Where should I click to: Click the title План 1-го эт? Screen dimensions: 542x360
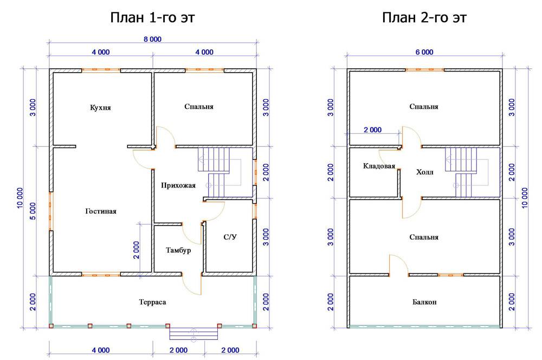tap(152, 17)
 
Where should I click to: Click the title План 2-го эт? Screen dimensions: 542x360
tap(424, 17)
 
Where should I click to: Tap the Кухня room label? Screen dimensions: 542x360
tap(100, 107)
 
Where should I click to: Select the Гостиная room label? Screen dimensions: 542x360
tap(101, 211)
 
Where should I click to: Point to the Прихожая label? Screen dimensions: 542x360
tap(178, 185)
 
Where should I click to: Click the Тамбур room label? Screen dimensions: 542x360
tap(178, 250)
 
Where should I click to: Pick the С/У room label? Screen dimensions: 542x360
tap(230, 237)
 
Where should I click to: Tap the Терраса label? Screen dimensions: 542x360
tap(152, 302)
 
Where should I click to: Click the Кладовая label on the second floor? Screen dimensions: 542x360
tap(379, 166)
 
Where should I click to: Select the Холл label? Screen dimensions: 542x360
tap(424, 172)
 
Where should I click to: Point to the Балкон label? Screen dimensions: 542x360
tap(424, 302)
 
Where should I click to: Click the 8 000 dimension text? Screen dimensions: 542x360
tap(152, 40)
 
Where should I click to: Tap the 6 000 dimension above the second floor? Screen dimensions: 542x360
tap(424, 52)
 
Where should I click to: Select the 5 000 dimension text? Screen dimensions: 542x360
tap(33, 211)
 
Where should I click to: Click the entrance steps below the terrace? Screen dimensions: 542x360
tap(193, 334)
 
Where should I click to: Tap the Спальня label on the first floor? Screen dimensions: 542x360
tap(199, 106)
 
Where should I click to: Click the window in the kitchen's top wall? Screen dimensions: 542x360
tap(101, 70)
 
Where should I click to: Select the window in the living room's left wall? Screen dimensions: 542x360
tap(51, 211)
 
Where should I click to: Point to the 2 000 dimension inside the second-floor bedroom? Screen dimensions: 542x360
tap(373, 130)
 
